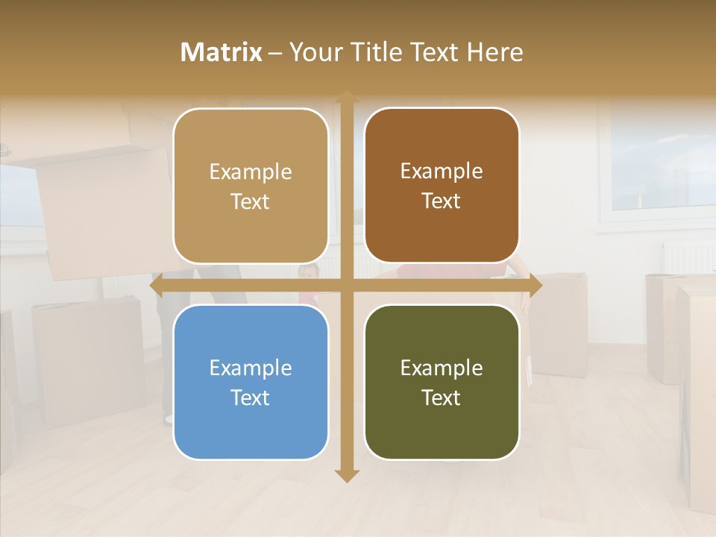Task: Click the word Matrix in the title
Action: [222, 52]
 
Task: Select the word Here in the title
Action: [494, 52]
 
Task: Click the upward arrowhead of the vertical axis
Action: [347, 97]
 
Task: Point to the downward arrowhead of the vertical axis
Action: [347, 476]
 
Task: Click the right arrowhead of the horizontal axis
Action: [536, 285]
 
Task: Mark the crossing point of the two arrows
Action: [347, 285]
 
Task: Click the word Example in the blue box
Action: [251, 368]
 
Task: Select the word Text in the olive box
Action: [442, 398]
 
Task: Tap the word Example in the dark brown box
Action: [442, 172]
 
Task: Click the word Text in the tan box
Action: [251, 202]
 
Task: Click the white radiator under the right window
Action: [688, 257]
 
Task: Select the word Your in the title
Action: [313, 52]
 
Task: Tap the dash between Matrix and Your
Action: [275, 53]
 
